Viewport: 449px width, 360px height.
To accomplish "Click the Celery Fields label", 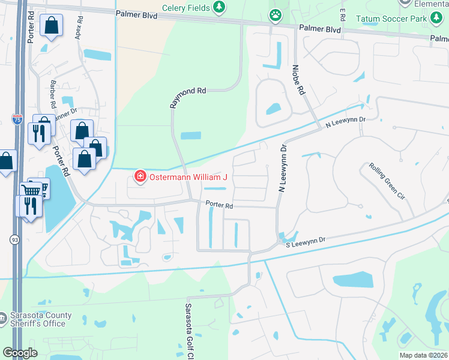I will [185, 7].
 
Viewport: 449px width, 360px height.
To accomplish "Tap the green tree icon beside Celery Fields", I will [220, 7].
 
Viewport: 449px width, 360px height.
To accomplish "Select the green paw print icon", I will [276, 15].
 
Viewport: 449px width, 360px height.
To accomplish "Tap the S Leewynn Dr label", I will [304, 240].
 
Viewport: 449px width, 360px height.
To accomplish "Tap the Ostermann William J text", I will [188, 177].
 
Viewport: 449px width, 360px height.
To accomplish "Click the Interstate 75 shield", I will [17, 119].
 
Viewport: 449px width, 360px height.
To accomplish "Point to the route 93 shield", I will [14, 239].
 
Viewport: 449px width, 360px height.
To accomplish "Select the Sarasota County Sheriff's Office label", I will [41, 319].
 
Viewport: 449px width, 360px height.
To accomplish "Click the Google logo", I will [20, 353].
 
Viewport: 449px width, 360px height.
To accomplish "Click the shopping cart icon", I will [31, 190].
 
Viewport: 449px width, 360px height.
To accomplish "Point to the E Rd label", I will [343, 13].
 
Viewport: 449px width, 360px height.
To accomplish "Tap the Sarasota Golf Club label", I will [187, 327].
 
